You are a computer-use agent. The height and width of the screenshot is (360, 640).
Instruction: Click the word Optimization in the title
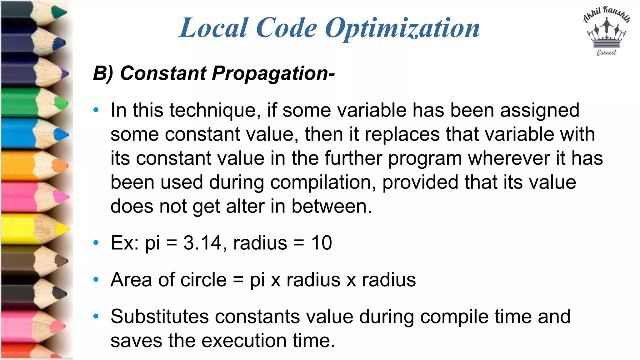tap(402, 28)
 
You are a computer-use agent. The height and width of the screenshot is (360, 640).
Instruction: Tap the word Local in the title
tap(214, 28)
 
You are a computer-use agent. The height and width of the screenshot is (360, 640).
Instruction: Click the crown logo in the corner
tap(607, 34)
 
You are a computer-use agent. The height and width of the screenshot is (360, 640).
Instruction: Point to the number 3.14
tap(202, 243)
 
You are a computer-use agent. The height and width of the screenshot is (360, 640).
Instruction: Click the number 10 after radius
tap(321, 243)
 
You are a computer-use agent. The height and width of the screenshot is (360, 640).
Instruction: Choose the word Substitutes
tap(159, 317)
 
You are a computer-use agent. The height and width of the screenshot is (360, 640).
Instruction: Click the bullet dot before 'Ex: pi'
tap(96, 243)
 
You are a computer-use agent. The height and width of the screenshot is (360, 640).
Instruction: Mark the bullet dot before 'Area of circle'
tap(96, 279)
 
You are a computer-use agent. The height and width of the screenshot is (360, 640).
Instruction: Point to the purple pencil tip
tap(64, 74)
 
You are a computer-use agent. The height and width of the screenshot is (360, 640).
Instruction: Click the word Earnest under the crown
tap(607, 53)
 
